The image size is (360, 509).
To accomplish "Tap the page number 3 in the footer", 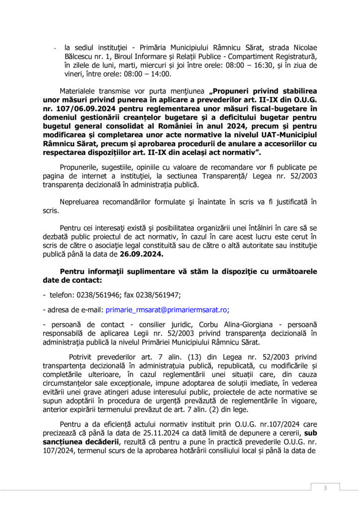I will pos(325,488).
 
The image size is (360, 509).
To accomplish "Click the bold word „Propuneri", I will pos(233,91).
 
